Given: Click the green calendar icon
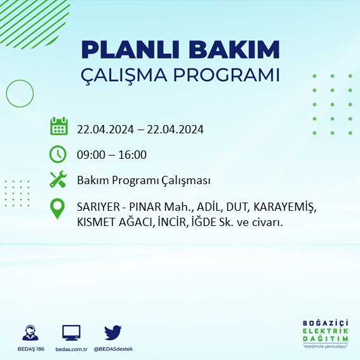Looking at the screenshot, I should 58,126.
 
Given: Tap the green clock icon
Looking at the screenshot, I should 58,154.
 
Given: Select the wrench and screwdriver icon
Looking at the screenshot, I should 58,180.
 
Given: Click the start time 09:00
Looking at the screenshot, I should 91,154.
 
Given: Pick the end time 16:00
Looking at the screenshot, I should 133,154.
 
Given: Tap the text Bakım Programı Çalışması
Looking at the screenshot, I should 143,181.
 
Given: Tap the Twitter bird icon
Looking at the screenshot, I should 113,332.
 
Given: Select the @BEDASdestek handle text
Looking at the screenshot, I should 113,349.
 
